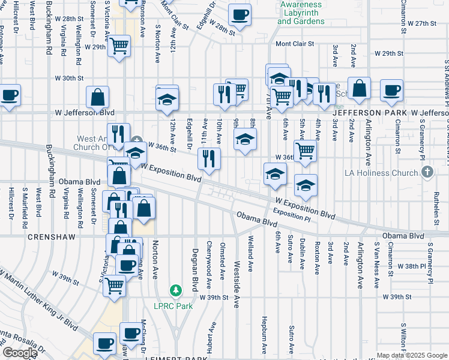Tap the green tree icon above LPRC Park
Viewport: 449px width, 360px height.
coord(175,292)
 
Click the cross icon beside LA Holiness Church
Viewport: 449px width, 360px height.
coord(427,173)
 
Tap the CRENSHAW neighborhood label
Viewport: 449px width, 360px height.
coord(52,237)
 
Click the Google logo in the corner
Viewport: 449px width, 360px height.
coord(20,353)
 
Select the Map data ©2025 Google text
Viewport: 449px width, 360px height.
coord(411,355)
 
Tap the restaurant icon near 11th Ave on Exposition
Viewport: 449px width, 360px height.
coord(209,160)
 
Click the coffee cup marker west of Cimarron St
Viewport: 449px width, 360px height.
coord(391,90)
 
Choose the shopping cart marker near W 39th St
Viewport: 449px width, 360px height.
coord(113,286)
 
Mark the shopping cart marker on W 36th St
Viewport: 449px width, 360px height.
coord(306,152)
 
